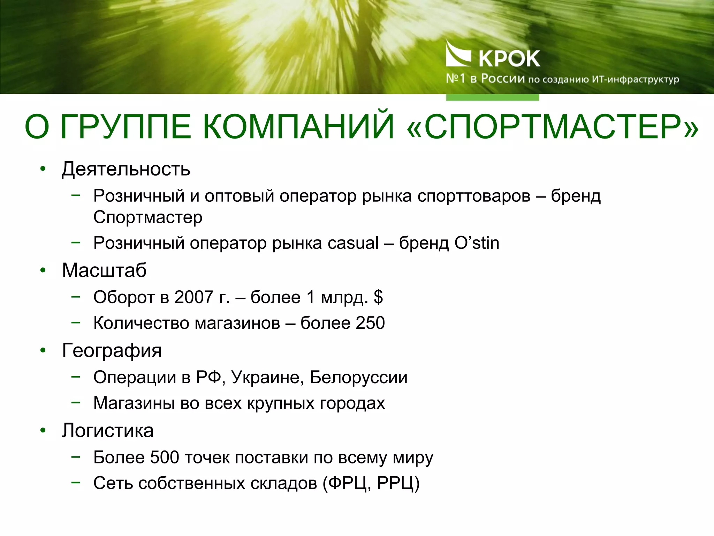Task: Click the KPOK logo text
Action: point(509,59)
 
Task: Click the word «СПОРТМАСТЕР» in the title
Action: point(553,126)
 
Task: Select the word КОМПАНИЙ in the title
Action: point(298,126)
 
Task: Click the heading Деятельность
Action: point(126,169)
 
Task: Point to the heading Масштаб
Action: point(104,270)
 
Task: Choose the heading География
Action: point(112,350)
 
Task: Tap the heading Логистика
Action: point(108,430)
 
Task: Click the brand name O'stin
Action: point(477,243)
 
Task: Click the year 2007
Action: point(194,297)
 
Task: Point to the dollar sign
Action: point(378,297)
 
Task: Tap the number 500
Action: point(165,457)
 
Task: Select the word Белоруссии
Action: point(358,378)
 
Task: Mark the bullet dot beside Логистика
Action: point(43,430)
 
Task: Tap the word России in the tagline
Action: point(503,79)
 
